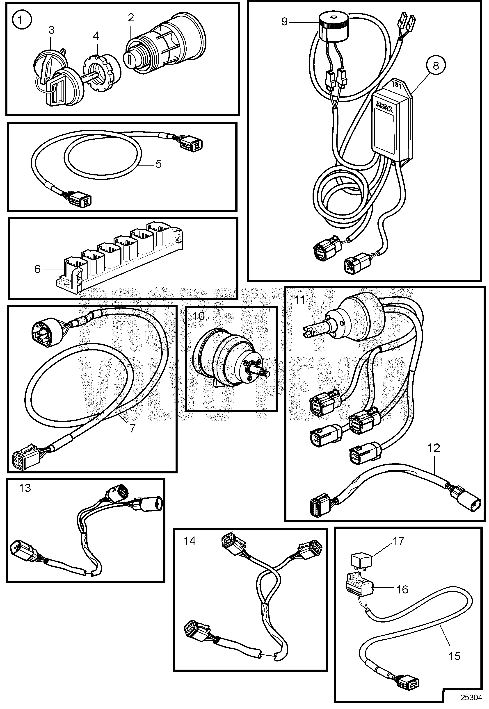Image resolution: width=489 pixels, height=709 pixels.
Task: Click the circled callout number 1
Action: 21,21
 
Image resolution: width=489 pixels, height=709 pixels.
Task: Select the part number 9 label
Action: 285,22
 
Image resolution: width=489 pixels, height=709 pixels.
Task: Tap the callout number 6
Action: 37,269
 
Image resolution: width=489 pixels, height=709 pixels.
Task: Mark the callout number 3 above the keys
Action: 51,30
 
